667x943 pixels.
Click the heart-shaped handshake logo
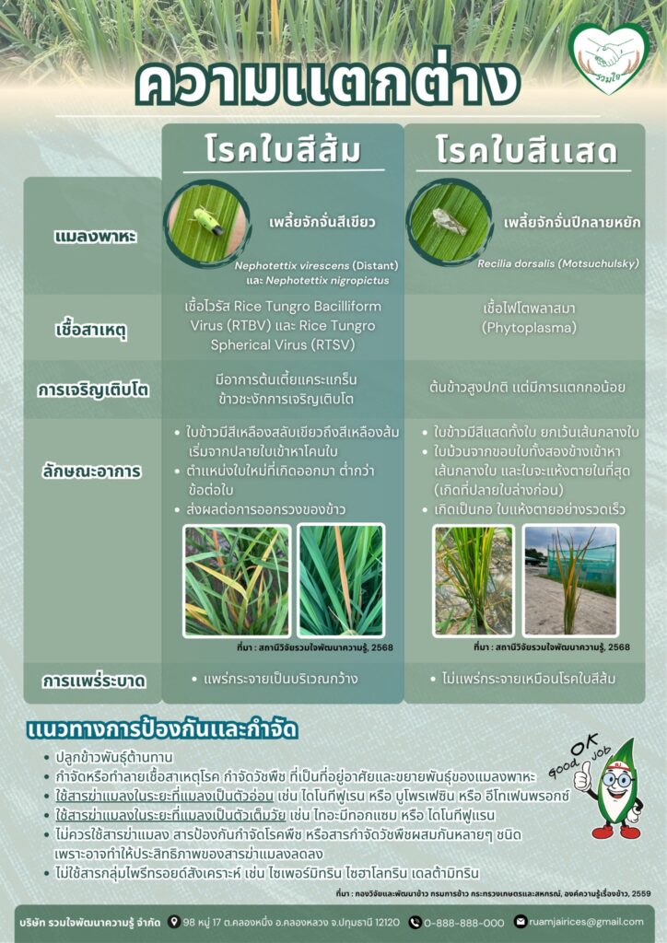[x=608, y=57]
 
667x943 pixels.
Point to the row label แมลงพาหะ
[x=94, y=236]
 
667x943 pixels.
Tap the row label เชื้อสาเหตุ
[x=94, y=327]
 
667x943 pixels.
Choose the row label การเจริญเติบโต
[x=94, y=390]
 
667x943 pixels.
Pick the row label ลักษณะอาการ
[x=94, y=471]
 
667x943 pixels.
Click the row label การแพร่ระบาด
[x=94, y=681]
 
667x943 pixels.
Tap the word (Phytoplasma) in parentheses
[x=524, y=326]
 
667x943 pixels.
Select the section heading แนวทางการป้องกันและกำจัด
[x=162, y=730]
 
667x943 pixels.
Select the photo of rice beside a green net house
[x=569, y=579]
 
